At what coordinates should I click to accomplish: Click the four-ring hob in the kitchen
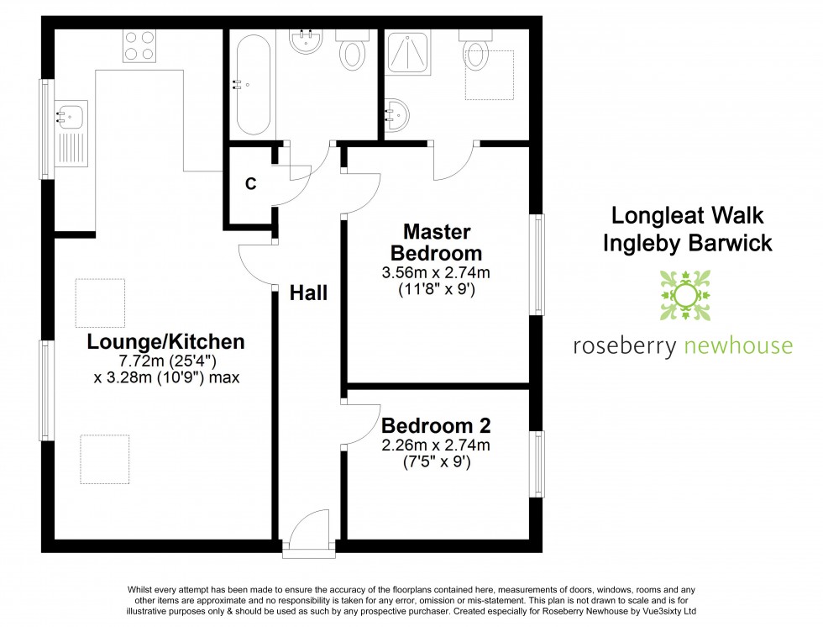tap(140, 45)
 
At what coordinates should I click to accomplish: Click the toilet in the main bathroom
tap(352, 50)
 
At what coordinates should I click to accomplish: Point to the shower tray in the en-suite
tap(407, 54)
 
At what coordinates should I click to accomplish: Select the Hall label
tap(308, 293)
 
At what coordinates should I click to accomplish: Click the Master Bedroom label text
tap(436, 242)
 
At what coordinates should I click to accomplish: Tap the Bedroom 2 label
tap(436, 425)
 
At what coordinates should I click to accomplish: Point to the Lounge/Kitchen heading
tap(166, 341)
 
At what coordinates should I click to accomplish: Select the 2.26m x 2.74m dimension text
tap(436, 445)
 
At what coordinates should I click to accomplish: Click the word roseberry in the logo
tap(623, 345)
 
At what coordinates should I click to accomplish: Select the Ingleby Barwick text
tap(687, 244)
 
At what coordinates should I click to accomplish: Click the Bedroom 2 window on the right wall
tap(536, 463)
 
